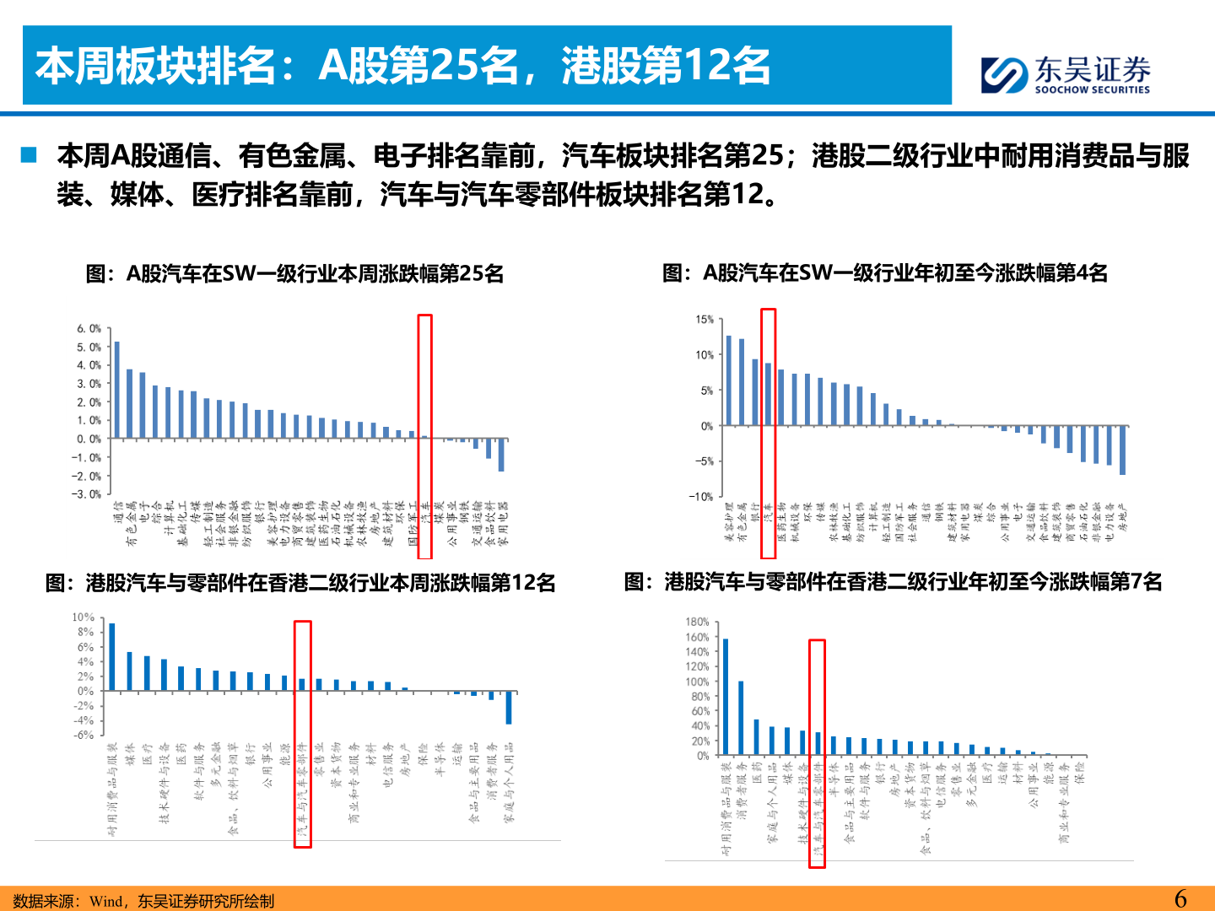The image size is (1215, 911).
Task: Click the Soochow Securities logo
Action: (1066, 74)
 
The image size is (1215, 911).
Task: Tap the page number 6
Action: (1180, 898)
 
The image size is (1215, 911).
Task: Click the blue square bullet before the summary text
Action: (30, 155)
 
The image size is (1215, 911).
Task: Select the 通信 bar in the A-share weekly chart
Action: (116, 390)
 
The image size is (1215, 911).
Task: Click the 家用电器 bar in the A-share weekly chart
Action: (501, 455)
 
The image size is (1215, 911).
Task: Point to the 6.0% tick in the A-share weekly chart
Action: (89, 329)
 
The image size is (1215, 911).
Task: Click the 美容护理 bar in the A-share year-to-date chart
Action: (729, 380)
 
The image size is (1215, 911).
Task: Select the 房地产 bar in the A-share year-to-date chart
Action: (1122, 450)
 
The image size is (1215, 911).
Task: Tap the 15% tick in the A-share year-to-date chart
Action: (705, 320)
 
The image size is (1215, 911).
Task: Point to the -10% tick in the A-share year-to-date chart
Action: (701, 497)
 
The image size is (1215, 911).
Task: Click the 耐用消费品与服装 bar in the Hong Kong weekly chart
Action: (112, 657)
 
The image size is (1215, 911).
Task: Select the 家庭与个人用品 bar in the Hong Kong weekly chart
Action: (509, 708)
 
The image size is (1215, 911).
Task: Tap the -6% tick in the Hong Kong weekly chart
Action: (84, 735)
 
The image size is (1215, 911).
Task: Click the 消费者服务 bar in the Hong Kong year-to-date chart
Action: (741, 718)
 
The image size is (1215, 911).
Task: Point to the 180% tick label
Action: (697, 623)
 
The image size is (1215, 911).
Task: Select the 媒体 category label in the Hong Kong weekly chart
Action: (130, 753)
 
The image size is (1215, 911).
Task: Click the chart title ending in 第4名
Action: (885, 273)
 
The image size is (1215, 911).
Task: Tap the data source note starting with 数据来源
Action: (143, 901)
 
